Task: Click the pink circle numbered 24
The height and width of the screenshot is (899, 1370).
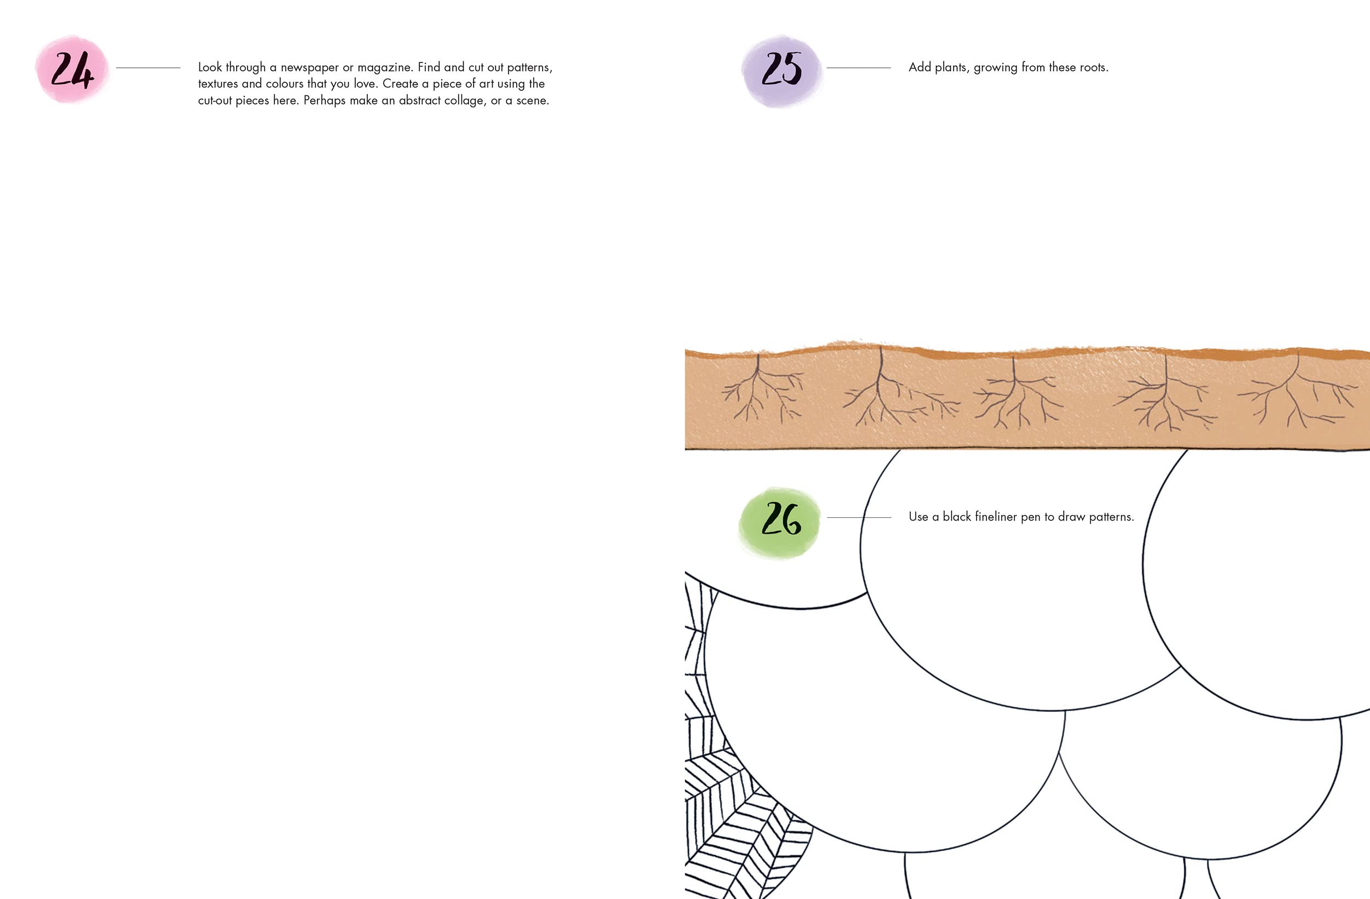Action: click(x=72, y=70)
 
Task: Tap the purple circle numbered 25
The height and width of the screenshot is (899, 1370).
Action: click(x=781, y=71)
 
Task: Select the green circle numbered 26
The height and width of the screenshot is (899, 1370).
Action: click(x=780, y=522)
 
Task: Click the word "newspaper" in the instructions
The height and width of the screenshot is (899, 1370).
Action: click(x=309, y=67)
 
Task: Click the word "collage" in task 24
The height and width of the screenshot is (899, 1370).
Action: click(x=465, y=101)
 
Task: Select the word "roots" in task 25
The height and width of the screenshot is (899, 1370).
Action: click(x=1092, y=67)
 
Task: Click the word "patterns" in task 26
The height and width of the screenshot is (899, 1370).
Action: click(x=1111, y=517)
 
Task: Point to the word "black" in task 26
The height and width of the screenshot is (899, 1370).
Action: click(x=957, y=516)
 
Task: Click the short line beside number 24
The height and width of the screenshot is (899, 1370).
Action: click(x=148, y=68)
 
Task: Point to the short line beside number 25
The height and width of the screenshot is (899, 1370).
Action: click(x=859, y=68)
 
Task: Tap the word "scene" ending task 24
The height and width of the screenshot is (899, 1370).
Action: click(x=532, y=101)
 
